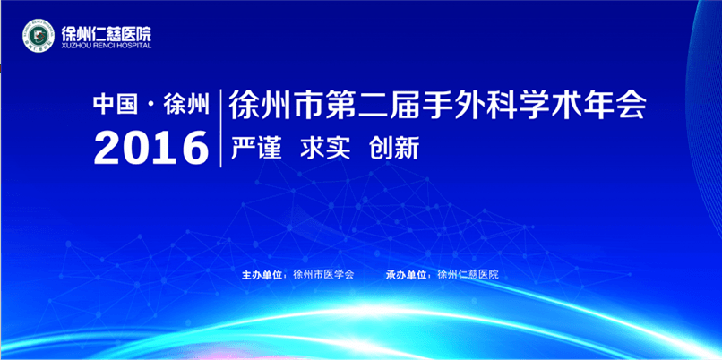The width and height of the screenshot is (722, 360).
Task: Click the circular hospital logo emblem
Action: (x=39, y=35)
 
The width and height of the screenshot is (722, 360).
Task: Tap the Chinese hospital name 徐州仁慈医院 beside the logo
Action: (x=107, y=32)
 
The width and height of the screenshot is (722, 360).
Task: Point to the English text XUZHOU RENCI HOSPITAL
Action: (x=107, y=46)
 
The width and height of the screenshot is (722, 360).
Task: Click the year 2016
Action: (x=151, y=148)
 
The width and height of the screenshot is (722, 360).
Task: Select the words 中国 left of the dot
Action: (x=116, y=105)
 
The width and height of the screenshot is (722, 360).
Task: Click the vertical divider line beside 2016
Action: (x=221, y=128)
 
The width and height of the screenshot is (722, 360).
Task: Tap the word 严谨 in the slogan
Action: (x=256, y=149)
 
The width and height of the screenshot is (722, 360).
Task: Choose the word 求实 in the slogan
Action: (x=325, y=149)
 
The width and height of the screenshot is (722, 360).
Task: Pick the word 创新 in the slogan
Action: (x=394, y=149)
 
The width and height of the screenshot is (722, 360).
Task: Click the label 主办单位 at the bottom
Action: (x=262, y=275)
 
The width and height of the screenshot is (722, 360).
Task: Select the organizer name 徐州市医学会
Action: (x=323, y=275)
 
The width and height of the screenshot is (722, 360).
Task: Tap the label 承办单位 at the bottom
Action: (x=406, y=275)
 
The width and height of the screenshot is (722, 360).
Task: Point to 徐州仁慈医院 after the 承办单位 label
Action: (x=468, y=275)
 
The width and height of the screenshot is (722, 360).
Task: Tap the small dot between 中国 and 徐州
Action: (x=151, y=106)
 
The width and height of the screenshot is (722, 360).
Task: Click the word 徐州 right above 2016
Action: (x=186, y=105)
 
